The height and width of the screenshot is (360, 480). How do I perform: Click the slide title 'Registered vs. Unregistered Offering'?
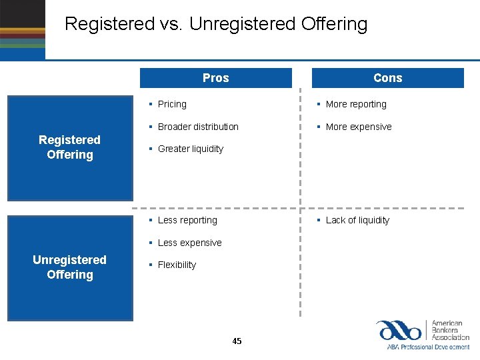(216, 24)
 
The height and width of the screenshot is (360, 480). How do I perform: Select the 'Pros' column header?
(215, 78)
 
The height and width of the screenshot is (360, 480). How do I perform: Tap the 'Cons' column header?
(387, 78)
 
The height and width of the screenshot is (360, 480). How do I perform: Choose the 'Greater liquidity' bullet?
(190, 149)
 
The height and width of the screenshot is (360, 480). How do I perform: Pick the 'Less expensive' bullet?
(189, 243)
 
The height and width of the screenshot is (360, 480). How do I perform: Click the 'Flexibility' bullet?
(177, 265)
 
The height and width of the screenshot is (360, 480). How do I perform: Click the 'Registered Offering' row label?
(69, 147)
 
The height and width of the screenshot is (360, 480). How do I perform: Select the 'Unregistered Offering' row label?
(69, 267)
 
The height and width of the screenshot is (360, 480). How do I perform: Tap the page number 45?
(237, 341)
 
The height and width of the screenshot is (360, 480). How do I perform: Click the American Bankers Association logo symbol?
(399, 331)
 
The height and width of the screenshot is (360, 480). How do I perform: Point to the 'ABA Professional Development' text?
(428, 347)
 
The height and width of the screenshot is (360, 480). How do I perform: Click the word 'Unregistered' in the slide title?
(241, 24)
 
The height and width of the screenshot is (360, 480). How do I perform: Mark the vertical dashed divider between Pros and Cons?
(301, 200)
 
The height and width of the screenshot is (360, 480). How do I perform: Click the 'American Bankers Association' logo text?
(451, 331)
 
